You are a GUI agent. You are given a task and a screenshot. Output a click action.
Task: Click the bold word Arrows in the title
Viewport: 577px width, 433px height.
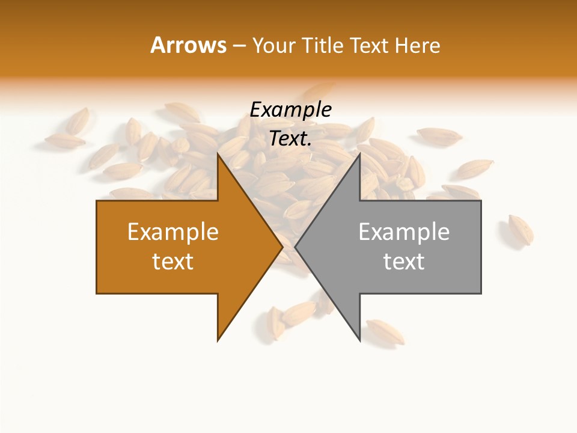pos(189,45)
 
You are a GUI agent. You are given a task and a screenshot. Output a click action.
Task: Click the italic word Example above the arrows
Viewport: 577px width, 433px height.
pos(291,110)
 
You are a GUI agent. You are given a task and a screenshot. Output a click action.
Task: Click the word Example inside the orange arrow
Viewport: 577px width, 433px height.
pos(173,232)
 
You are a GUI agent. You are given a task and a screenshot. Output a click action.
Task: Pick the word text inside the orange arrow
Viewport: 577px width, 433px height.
pos(173,262)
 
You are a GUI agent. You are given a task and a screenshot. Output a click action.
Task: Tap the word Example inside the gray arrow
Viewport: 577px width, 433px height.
pos(404,232)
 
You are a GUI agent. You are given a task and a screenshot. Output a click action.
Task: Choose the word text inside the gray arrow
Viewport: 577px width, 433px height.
pos(404,262)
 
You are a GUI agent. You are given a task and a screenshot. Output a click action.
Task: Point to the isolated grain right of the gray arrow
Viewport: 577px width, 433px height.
pos(520,229)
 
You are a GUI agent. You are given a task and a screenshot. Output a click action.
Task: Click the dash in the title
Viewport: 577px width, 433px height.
pos(239,46)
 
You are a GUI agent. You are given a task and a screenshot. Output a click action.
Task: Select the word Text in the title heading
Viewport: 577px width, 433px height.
pos(369,45)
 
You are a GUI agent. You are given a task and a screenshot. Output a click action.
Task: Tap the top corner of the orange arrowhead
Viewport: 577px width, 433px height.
pos(218,154)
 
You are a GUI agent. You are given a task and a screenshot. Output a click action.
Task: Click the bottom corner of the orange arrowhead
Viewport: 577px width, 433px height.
pos(218,340)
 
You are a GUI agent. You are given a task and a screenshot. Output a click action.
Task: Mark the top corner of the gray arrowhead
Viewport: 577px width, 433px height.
pos(359,154)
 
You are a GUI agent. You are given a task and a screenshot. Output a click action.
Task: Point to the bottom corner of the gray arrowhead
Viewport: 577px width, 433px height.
pos(359,340)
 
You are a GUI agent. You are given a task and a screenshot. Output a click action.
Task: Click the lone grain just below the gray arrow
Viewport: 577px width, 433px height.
pos(385,331)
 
